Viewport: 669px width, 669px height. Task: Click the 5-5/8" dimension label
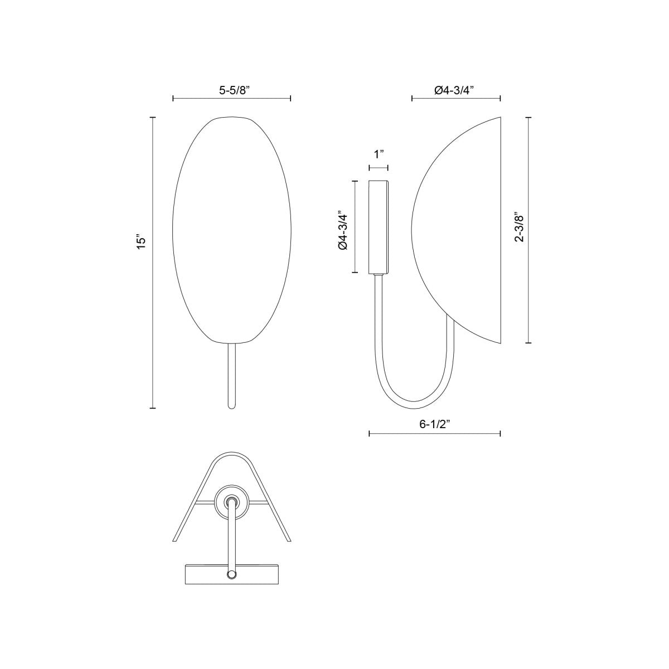[x=231, y=89]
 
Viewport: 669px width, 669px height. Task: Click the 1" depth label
[x=379, y=154]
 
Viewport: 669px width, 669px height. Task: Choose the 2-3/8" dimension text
[x=519, y=227]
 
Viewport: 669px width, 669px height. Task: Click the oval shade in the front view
[x=231, y=229]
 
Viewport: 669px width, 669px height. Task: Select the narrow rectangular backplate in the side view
[x=379, y=227]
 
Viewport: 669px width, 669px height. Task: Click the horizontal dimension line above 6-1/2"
[x=435, y=434]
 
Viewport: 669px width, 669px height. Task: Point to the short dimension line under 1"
[x=379, y=167]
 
